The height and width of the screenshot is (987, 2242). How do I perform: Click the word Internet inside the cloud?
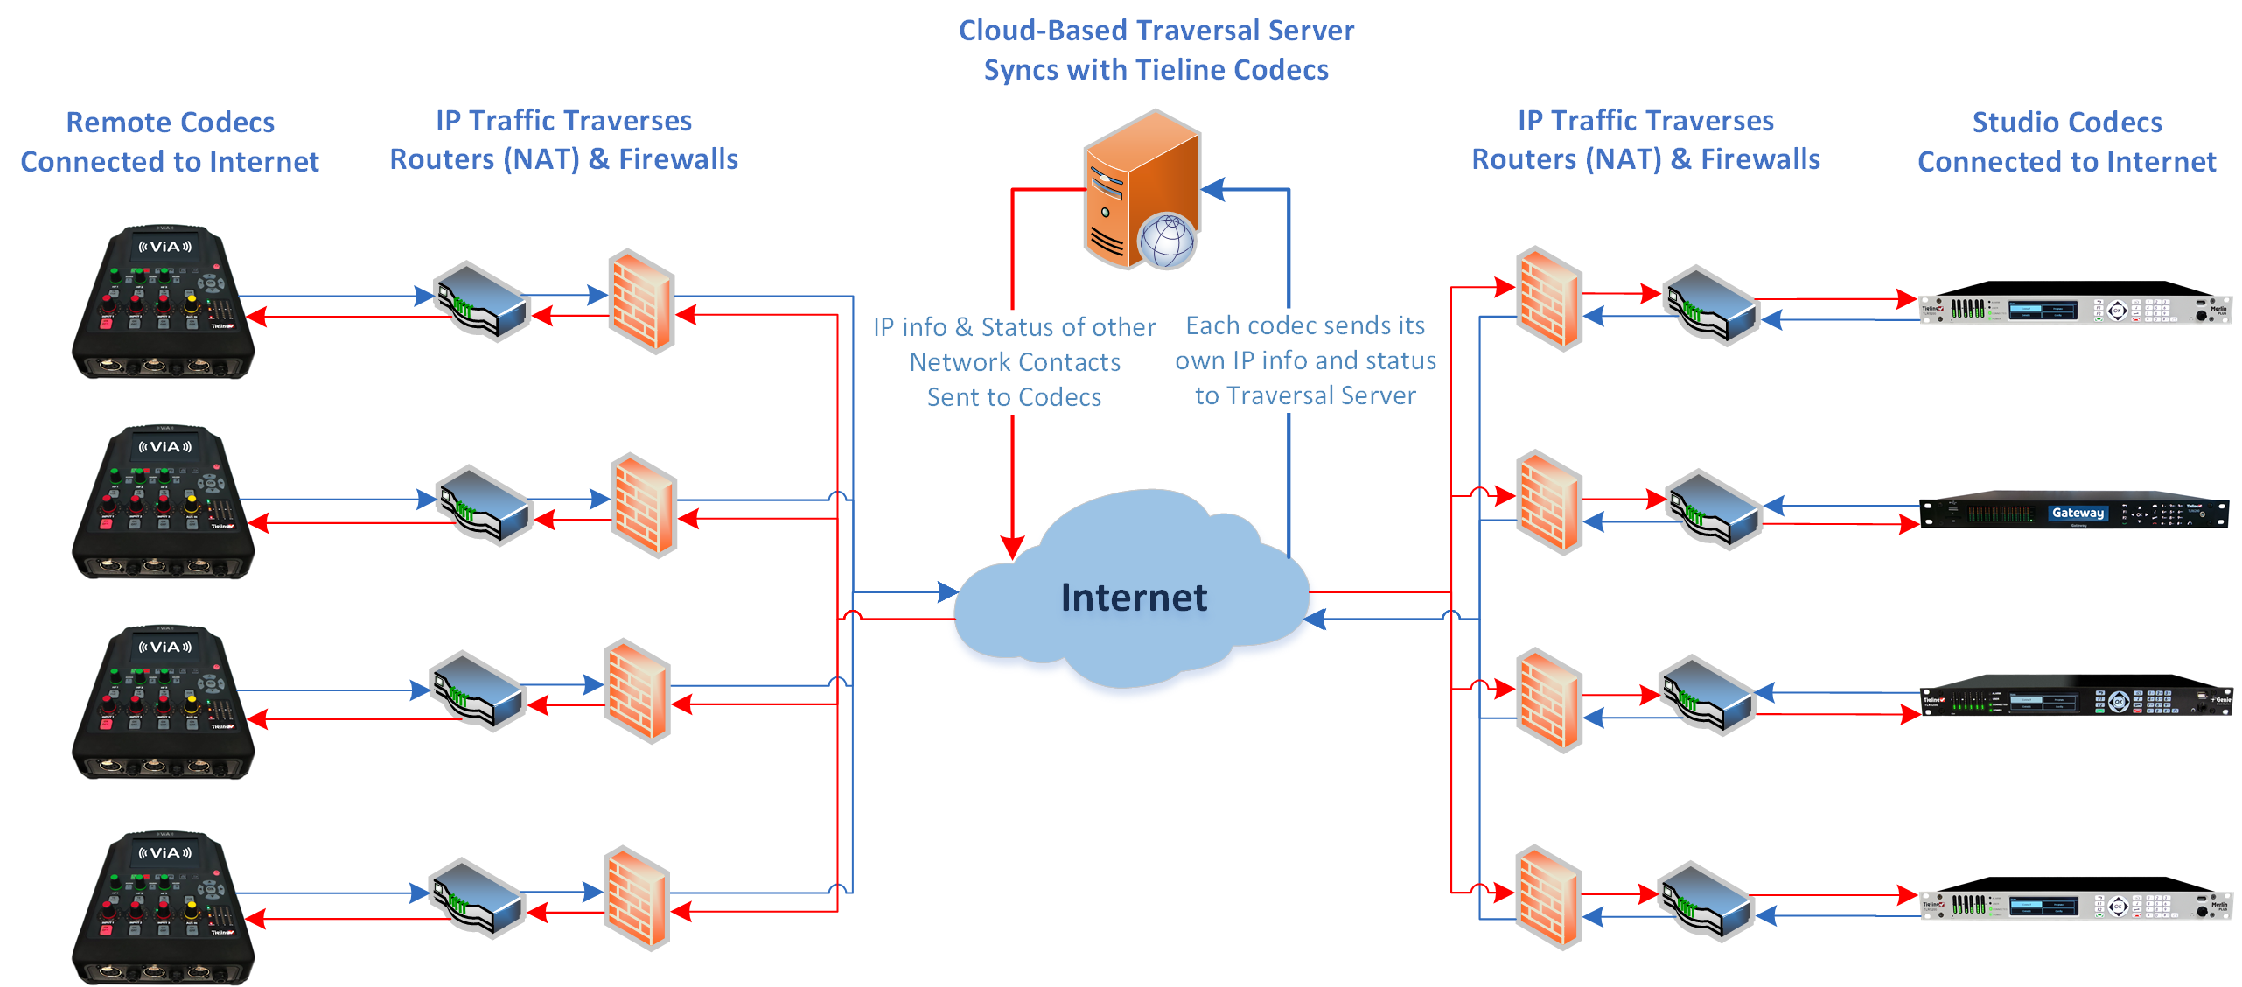tap(1134, 598)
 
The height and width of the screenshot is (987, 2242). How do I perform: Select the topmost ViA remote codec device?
tap(164, 303)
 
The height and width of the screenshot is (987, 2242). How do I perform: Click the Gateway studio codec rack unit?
tap(2073, 514)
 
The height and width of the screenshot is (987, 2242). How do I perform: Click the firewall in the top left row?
tap(642, 303)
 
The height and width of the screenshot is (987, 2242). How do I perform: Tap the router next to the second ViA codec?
tap(484, 505)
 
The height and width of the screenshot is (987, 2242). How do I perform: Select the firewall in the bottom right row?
tap(1548, 898)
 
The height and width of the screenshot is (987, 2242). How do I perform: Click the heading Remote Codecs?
tap(171, 122)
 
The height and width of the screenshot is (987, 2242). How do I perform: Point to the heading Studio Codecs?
tap(2066, 122)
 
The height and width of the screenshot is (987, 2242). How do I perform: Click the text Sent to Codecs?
tap(1014, 397)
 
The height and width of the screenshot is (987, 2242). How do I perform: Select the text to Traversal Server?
tap(1305, 395)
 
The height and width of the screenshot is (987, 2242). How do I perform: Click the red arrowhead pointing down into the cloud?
tap(1012, 548)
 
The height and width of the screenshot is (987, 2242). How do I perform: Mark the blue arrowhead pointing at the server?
tap(1212, 189)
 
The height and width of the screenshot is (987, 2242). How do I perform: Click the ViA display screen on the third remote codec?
tap(164, 647)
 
